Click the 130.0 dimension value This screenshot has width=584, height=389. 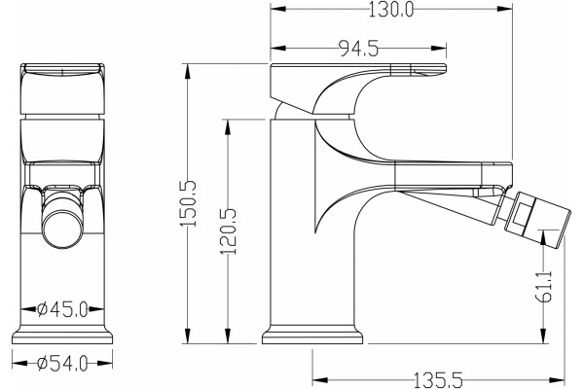pyautogui.click(x=391, y=10)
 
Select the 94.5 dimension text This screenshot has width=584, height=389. pyautogui.click(x=358, y=49)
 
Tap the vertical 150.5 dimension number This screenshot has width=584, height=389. pyautogui.click(x=188, y=203)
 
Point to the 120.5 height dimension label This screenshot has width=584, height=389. pyautogui.click(x=229, y=231)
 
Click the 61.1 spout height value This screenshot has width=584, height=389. pyautogui.click(x=544, y=286)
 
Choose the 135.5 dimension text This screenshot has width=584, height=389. pyautogui.click(x=438, y=380)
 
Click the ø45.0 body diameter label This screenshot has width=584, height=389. pyautogui.click(x=63, y=309)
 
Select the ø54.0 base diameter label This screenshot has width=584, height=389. pyautogui.click(x=62, y=364)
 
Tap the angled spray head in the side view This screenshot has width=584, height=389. pyautogui.click(x=536, y=219)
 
